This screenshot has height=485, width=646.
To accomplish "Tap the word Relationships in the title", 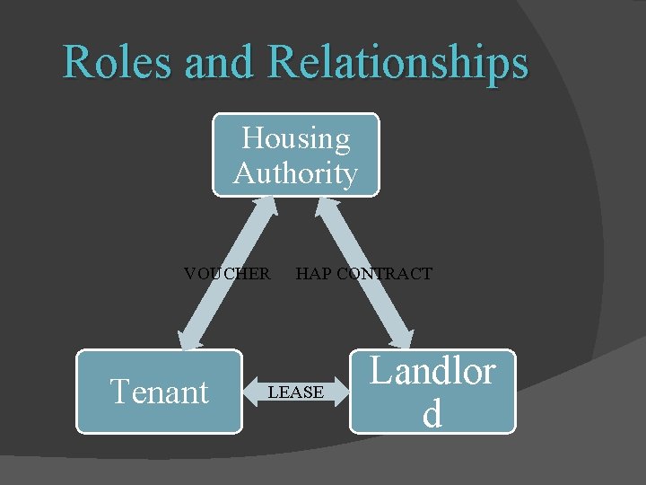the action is click(397, 63).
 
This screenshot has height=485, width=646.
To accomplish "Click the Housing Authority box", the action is click(295, 154).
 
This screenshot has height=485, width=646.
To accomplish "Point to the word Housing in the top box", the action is click(296, 138).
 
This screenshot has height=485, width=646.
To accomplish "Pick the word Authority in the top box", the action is click(295, 172).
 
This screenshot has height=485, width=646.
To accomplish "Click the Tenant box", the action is click(159, 392).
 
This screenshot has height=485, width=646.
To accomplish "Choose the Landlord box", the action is click(432, 392).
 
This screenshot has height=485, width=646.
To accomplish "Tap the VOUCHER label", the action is click(226, 274).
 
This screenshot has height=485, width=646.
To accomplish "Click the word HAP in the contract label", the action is click(312, 274).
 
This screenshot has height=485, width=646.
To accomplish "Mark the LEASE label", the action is click(295, 392).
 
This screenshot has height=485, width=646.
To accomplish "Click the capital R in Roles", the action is click(77, 63).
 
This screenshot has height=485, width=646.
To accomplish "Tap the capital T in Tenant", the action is click(119, 392).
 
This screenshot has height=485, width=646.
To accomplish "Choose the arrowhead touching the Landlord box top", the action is click(398, 339).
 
